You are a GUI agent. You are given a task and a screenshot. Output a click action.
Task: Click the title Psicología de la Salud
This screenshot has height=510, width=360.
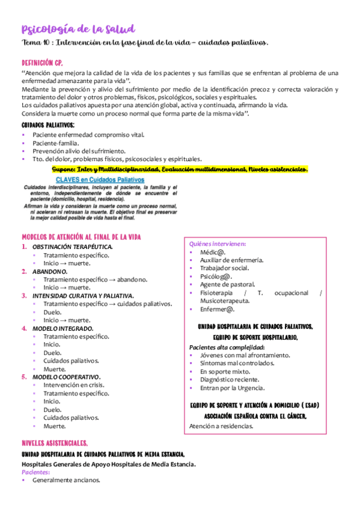click(x=78, y=29)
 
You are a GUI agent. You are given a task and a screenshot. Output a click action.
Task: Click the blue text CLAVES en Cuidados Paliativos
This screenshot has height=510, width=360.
click(x=100, y=179)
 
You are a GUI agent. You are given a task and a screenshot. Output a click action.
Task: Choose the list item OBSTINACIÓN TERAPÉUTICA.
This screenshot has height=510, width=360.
click(x=72, y=247)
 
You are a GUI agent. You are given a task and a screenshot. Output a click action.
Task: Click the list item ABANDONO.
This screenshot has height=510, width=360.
click(x=50, y=271)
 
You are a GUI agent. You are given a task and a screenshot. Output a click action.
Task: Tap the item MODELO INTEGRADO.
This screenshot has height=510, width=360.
click(x=63, y=328)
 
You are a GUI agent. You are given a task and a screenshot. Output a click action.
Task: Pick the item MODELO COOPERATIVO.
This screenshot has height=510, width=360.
click(x=66, y=377)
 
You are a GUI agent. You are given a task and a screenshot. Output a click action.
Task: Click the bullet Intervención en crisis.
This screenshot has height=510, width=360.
click(x=73, y=386)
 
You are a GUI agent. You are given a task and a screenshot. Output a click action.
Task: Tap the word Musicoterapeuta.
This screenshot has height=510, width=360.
click(x=225, y=301)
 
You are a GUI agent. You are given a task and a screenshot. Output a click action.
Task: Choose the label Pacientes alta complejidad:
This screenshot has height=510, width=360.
click(x=227, y=348)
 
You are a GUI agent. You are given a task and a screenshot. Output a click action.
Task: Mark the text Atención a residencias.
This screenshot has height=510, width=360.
click(x=221, y=426)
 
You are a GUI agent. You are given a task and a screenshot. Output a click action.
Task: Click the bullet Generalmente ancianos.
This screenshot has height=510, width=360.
click(x=66, y=481)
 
